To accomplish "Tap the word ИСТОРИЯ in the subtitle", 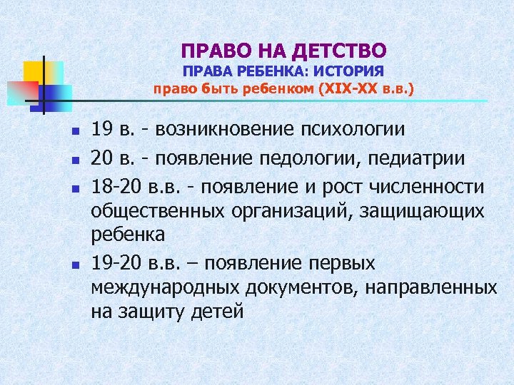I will (x=351, y=71).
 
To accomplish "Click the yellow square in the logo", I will (x=34, y=71).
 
